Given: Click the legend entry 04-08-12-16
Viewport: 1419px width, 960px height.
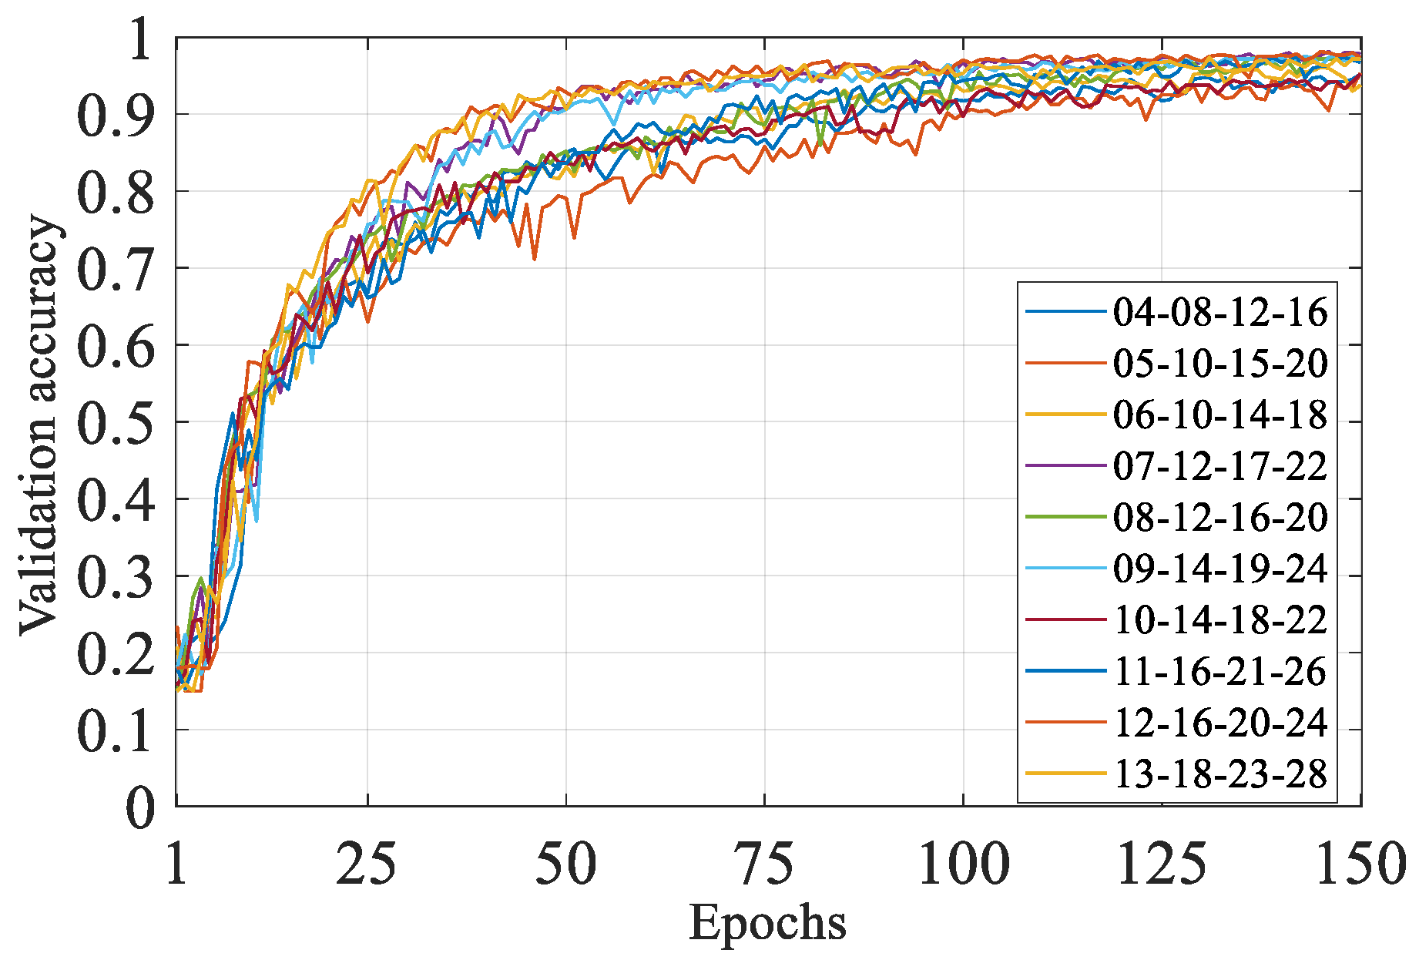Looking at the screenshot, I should click(x=1220, y=312).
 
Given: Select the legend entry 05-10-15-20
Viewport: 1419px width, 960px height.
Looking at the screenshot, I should click(x=1220, y=363).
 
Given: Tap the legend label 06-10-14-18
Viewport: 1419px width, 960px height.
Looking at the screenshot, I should click(x=1220, y=415).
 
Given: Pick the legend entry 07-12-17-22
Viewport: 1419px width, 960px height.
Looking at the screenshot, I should click(x=1220, y=466).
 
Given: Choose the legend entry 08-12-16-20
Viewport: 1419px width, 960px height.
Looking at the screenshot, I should click(x=1220, y=517).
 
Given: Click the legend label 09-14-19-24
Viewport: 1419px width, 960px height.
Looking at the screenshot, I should click(x=1220, y=569).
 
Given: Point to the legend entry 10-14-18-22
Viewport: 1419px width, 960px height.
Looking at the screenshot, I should click(x=1220, y=619).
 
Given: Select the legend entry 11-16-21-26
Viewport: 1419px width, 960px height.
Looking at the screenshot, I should click(x=1220, y=671).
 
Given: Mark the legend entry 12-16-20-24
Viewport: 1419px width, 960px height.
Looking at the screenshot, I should click(x=1220, y=722).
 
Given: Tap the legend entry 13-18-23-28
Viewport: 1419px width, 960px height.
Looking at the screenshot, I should click(x=1220, y=774).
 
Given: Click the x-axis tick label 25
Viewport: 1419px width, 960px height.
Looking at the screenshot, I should click(x=367, y=864).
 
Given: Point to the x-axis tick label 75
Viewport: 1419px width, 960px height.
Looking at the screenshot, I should click(x=764, y=864).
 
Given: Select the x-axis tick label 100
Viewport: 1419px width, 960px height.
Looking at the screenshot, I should click(x=963, y=864).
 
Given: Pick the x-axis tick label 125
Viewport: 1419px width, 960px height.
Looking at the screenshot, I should click(x=1161, y=864).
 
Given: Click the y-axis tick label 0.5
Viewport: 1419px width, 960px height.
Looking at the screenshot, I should click(x=116, y=423).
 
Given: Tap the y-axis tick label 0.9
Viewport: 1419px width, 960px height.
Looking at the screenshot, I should click(x=116, y=116).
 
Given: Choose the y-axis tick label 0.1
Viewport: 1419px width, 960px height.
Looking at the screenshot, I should click(x=116, y=730).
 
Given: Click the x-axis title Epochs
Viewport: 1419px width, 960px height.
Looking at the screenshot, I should click(x=767, y=922).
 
